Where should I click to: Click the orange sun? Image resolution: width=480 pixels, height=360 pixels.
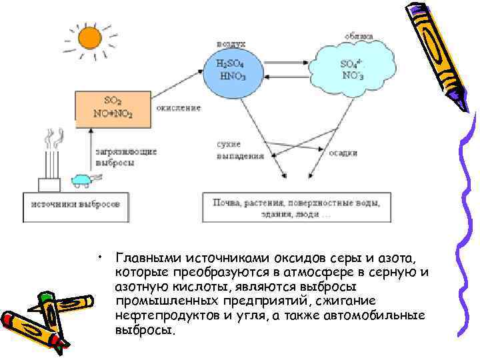coord(89,37)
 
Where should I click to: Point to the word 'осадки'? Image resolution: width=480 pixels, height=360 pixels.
coord(343,153)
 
